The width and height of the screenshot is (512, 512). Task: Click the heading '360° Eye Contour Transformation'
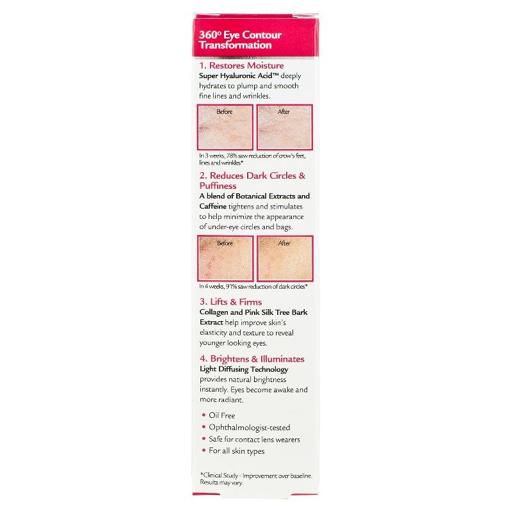click(x=241, y=40)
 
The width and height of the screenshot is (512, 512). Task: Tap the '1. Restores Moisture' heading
click(x=241, y=65)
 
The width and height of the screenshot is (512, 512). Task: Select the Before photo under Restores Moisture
click(x=225, y=127)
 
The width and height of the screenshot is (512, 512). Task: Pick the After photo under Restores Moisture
click(x=285, y=127)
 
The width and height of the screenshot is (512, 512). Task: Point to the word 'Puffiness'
click(x=218, y=186)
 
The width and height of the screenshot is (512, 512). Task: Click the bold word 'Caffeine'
click(x=213, y=206)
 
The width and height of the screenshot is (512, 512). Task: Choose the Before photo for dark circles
click(x=225, y=259)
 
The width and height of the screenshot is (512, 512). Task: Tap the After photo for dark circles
click(x=285, y=259)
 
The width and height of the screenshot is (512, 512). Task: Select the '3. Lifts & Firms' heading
click(x=230, y=301)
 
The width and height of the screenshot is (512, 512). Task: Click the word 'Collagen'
click(x=214, y=312)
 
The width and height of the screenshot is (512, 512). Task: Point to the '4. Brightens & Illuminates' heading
click(x=252, y=359)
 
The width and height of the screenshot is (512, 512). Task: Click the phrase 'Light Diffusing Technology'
click(x=244, y=369)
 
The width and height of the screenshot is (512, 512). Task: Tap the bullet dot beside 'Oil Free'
click(x=204, y=415)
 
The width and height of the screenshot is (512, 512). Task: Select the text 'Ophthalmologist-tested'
click(x=250, y=428)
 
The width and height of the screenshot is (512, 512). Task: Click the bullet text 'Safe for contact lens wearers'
click(x=254, y=439)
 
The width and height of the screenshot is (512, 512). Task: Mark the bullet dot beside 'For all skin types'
click(x=204, y=451)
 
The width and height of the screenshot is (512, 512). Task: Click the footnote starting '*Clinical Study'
click(x=256, y=479)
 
